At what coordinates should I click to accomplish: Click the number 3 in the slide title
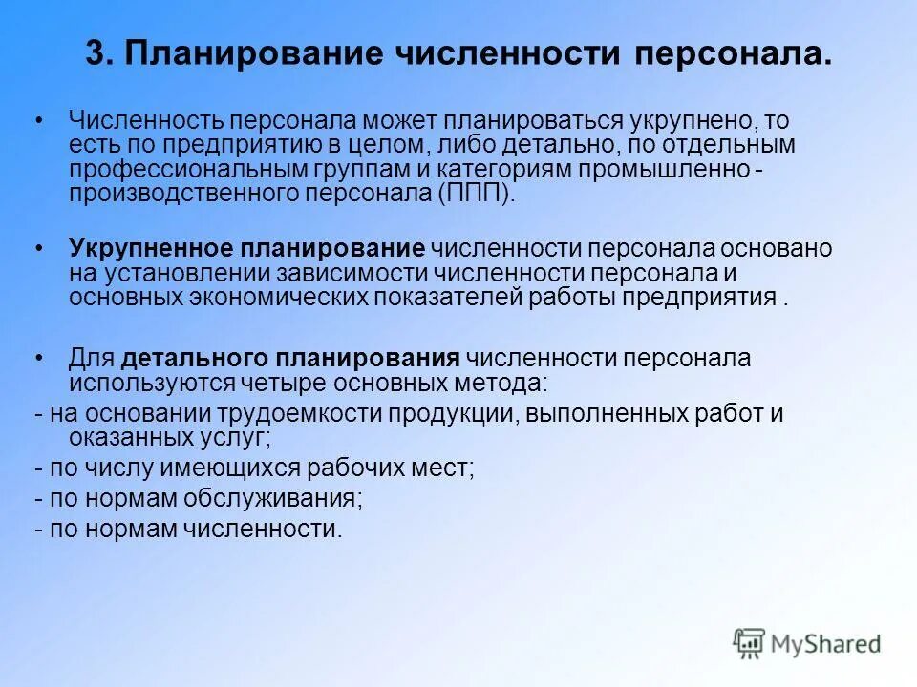pos(95,54)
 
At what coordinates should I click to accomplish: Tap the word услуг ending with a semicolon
pos(239,438)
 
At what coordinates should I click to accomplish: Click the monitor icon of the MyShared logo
pos(750,643)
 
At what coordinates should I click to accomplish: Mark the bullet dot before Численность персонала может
pos(39,121)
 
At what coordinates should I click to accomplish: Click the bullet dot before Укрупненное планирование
pos(39,249)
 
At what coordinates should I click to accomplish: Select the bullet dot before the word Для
pos(39,359)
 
